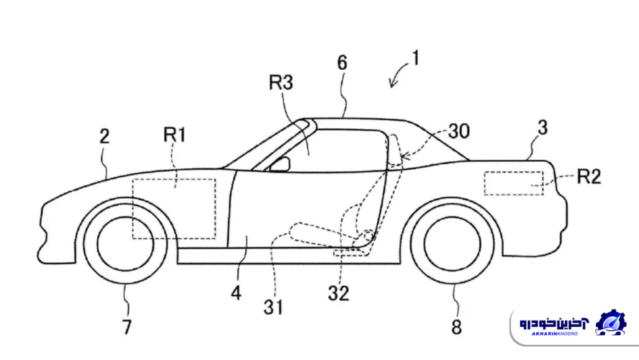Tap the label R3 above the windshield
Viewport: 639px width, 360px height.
point(281,83)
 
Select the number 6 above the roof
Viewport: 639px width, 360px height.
point(342,63)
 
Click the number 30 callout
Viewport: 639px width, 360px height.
point(458,131)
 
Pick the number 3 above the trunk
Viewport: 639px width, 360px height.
point(542,128)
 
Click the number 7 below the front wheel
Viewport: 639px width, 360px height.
point(127,327)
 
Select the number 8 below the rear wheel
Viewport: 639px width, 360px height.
point(456,327)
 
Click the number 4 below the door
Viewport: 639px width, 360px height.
point(235,294)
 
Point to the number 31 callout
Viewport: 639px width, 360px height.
point(272,307)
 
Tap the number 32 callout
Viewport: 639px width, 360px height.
point(338,294)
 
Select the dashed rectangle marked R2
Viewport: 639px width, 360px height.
point(514,182)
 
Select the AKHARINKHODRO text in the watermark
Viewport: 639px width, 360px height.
point(553,335)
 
